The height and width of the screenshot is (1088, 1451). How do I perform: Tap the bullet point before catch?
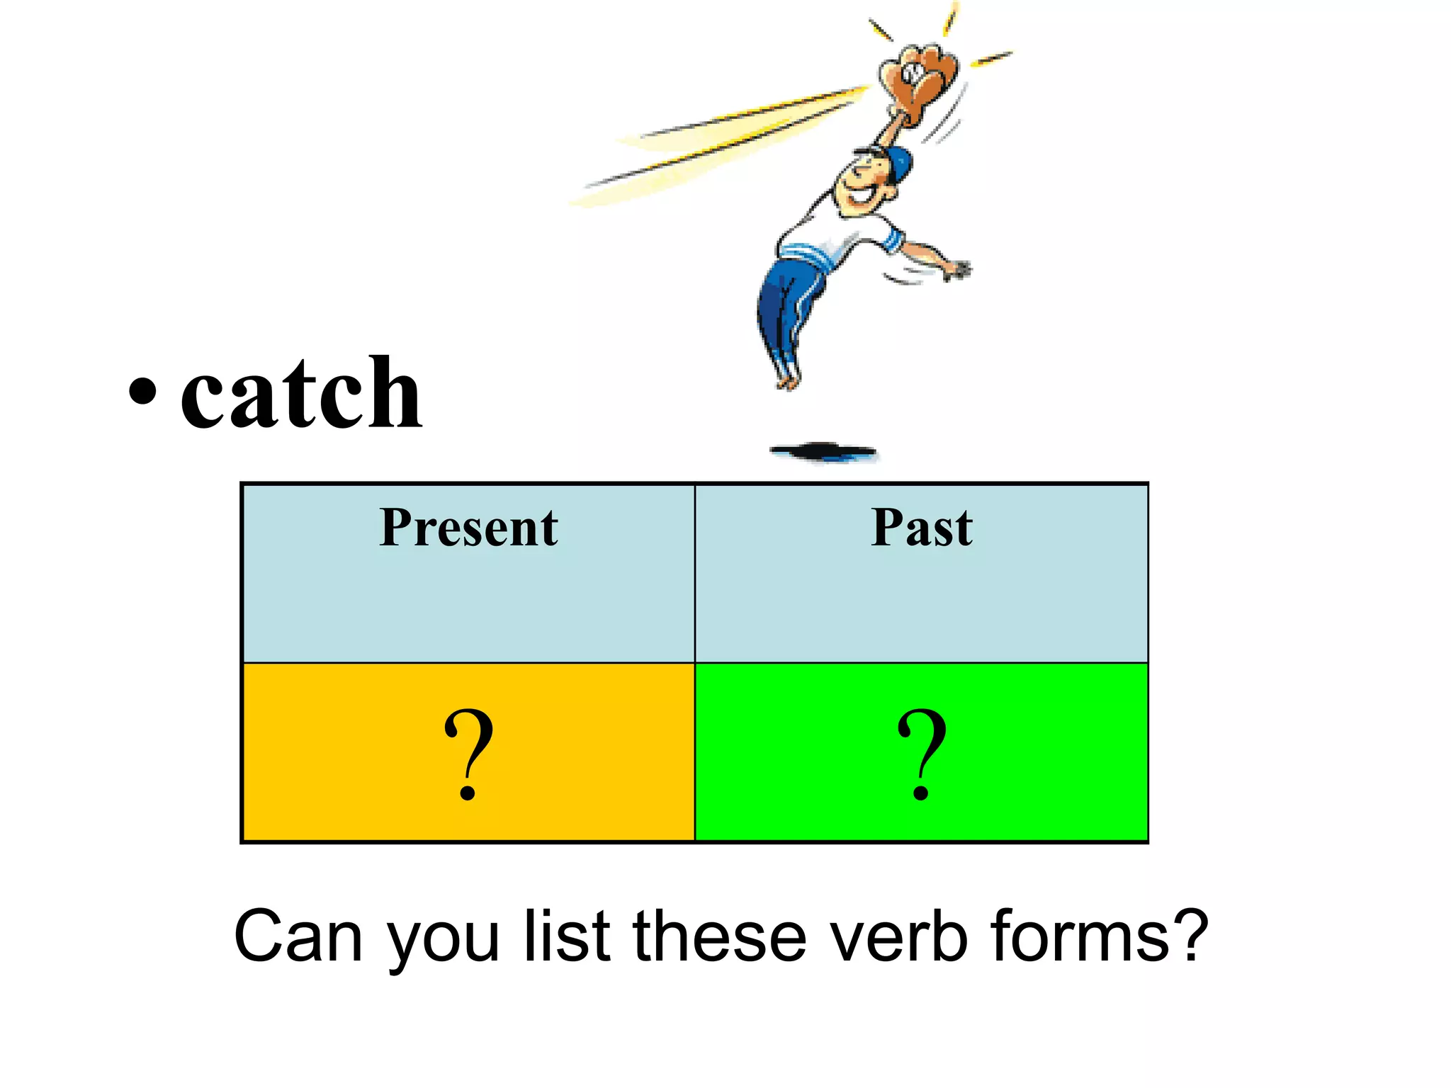142,392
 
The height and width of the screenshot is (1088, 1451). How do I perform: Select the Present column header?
468,528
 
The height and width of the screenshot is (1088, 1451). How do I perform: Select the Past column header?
922,528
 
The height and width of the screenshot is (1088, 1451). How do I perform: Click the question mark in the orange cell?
468,753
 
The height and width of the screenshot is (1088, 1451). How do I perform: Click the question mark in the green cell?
921,753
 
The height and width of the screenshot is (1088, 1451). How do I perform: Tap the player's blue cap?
897,164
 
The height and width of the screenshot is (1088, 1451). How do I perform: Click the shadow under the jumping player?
824,451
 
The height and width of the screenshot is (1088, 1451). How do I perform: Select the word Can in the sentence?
298,936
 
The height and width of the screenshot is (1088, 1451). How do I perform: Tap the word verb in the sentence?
898,936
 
